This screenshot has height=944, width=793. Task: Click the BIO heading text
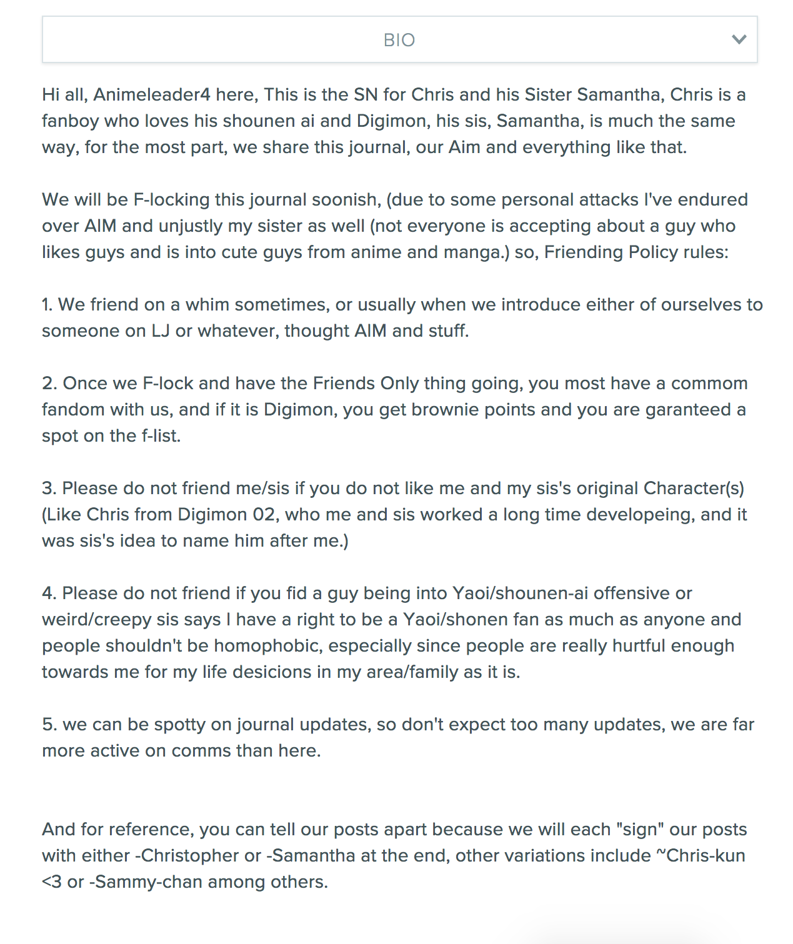[399, 40]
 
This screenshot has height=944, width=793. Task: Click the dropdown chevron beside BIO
[739, 40]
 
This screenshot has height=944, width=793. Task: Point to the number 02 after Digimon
[264, 515]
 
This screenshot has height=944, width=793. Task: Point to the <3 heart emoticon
[52, 882]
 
